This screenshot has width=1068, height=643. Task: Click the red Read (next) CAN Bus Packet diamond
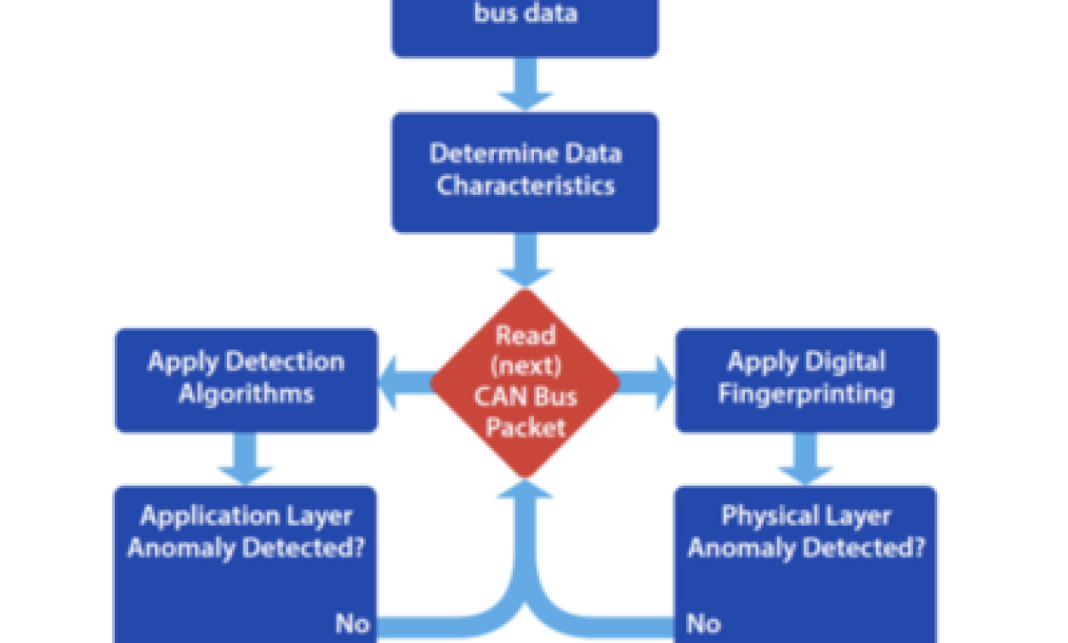tap(525, 383)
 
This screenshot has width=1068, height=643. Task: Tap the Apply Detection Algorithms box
tap(246, 379)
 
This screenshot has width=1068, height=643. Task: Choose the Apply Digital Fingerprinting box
tap(806, 379)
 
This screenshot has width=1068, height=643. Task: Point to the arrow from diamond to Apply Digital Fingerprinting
tap(646, 383)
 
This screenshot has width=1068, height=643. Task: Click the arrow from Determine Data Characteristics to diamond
tap(525, 260)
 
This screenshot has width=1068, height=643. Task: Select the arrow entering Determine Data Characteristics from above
tap(525, 85)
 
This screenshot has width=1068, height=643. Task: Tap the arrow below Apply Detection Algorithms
tap(246, 459)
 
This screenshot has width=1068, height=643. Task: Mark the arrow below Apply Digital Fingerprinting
tap(805, 459)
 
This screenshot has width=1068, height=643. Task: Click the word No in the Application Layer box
tap(352, 623)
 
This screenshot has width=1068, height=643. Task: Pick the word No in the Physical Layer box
tap(703, 623)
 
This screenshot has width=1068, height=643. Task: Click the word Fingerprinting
tap(806, 395)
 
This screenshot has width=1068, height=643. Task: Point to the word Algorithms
tap(246, 395)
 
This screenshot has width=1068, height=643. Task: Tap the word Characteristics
tap(525, 186)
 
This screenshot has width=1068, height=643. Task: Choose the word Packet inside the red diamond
tap(525, 427)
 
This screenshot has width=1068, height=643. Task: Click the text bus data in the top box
tap(525, 14)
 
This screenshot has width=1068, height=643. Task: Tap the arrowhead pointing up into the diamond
tap(525, 492)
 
